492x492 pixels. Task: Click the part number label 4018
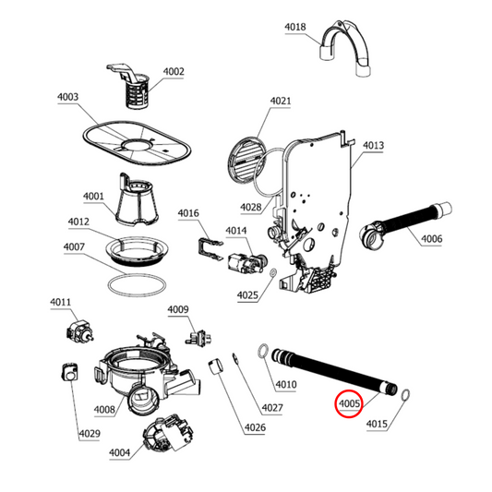294,28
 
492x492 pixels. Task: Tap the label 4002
174,72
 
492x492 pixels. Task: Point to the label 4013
373,145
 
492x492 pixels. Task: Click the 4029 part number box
90,433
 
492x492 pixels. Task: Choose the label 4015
377,425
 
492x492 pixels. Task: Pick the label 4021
281,101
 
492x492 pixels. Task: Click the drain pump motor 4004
162,435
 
